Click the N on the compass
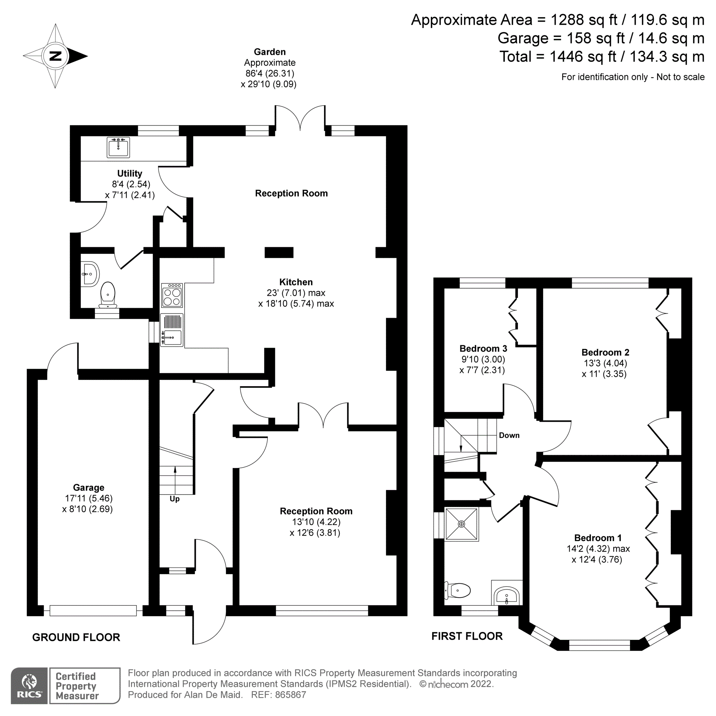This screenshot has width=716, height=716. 55,56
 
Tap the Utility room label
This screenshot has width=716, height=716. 129,173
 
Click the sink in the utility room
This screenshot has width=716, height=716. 118,147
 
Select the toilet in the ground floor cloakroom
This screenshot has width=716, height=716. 107,295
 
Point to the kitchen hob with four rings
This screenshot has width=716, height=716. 171,296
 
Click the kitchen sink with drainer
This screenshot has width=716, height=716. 171,330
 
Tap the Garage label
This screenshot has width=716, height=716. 88,487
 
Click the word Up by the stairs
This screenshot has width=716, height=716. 175,499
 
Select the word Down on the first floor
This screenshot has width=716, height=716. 509,435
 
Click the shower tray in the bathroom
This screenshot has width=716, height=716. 461,524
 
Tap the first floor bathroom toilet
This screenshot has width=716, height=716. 458,590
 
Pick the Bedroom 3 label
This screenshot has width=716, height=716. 483,348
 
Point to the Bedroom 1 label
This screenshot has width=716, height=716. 598,538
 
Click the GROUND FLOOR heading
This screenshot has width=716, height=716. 76,638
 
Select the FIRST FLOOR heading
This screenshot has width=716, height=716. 466,636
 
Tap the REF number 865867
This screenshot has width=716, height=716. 290,695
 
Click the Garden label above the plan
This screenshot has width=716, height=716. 270,52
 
